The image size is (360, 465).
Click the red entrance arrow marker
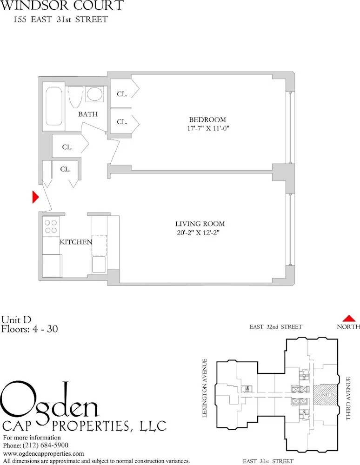(34, 197)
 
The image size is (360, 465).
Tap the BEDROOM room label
(207, 120)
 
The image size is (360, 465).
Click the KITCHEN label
(75, 242)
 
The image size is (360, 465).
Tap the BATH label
(87, 114)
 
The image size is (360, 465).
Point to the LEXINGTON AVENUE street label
(205, 388)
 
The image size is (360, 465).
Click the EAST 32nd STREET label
(276, 327)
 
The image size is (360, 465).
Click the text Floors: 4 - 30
(29, 329)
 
